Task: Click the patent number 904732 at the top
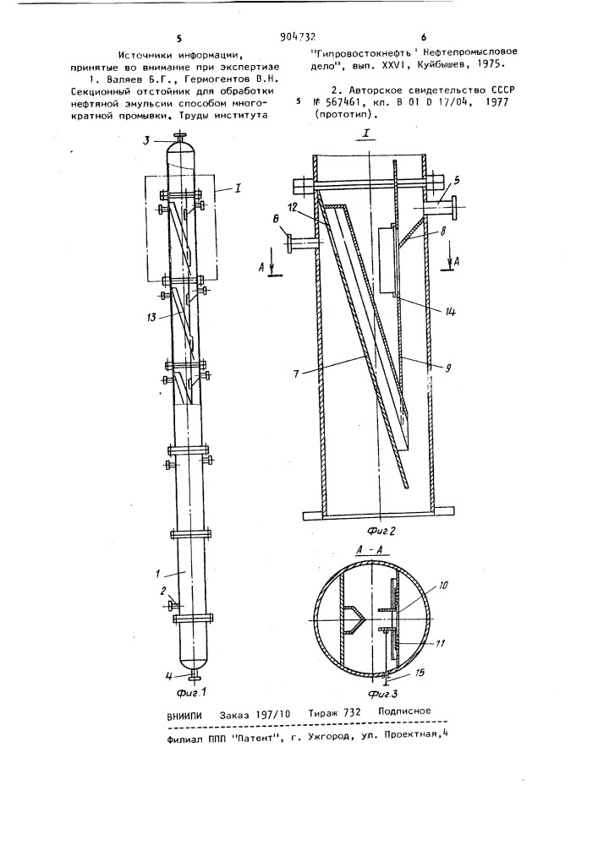298,37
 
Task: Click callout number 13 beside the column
151,317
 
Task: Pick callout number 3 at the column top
146,140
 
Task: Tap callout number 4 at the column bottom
169,674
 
